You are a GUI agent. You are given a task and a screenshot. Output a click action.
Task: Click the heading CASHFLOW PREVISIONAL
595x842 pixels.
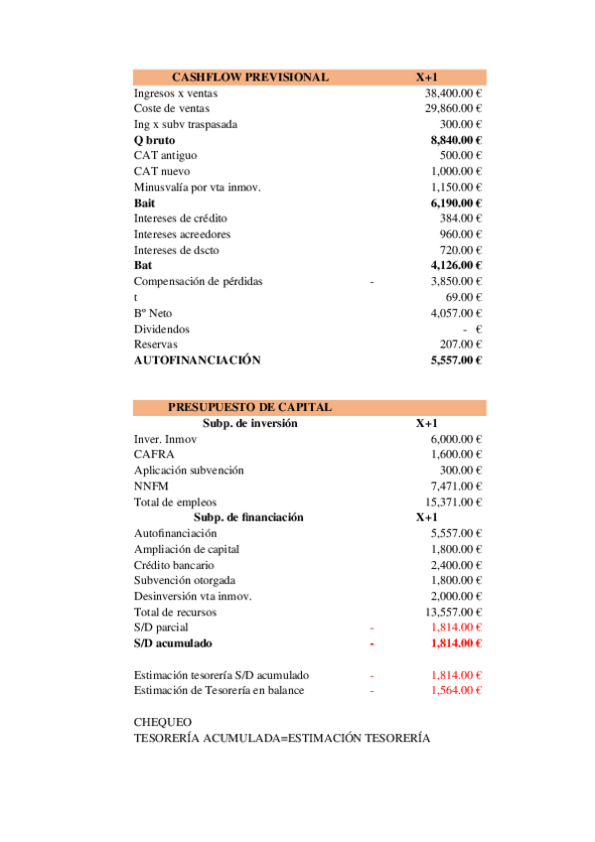point(249,77)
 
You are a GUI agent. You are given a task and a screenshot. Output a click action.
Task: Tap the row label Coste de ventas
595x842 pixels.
point(171,108)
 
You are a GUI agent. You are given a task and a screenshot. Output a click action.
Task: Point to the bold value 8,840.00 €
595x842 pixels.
point(456,140)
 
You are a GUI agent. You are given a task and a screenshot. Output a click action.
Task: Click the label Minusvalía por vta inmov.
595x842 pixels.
point(197,187)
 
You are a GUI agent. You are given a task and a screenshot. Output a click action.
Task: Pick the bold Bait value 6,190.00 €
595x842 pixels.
point(456,203)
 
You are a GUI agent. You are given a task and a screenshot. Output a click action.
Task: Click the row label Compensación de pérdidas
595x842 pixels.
point(198,281)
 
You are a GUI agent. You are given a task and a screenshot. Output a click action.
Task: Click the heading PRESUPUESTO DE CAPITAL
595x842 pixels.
point(249,407)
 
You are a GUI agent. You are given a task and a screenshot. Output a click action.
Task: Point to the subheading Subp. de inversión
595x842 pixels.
point(249,423)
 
